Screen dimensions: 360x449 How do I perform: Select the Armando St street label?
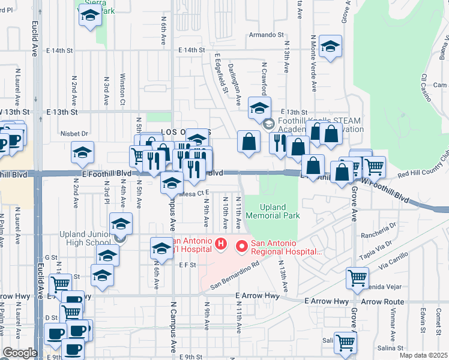pyautogui.click(x=266, y=35)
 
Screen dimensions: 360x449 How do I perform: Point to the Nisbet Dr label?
pyautogui.click(x=74, y=134)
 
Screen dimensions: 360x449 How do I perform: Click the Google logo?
pyautogui.click(x=19, y=353)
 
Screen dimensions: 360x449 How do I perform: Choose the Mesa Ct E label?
pyautogui.click(x=194, y=193)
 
